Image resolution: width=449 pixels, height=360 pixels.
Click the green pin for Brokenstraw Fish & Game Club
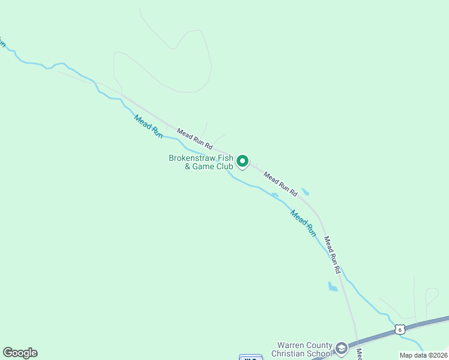[243, 161]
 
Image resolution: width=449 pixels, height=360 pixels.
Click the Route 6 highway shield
[400, 329]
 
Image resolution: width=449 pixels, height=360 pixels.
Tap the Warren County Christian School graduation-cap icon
[342, 349]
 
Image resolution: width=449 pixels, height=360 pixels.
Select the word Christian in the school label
[294, 353]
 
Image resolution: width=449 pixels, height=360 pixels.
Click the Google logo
[20, 353]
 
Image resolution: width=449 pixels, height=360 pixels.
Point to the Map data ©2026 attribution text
[423, 355]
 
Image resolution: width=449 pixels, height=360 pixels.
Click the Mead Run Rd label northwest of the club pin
[194, 137]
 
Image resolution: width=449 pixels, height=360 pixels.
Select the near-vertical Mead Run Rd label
[332, 255]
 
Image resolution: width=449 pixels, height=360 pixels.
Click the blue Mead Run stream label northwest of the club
[148, 127]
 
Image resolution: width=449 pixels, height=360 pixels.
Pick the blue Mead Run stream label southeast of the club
[303, 222]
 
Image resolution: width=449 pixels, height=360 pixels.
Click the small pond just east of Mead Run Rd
[306, 192]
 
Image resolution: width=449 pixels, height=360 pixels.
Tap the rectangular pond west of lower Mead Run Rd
[333, 287]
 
